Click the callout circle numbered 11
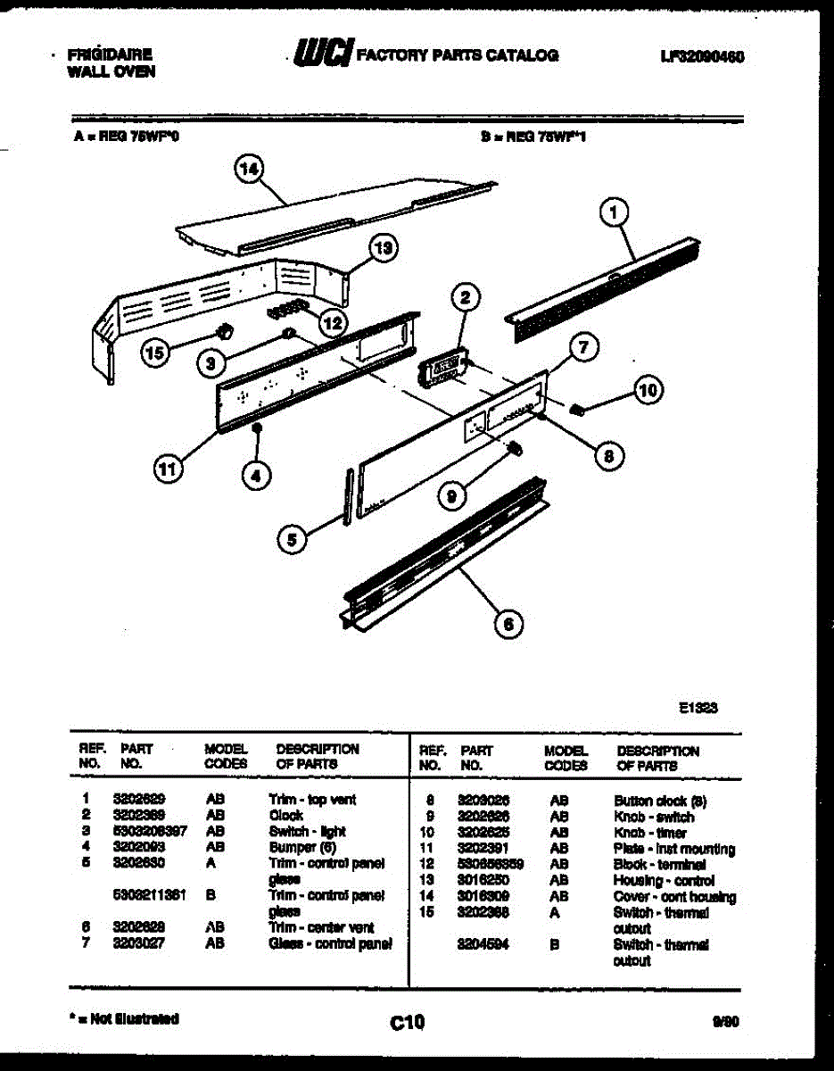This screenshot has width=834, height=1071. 169,469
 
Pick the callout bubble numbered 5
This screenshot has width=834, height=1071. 290,538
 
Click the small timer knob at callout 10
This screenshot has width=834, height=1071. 577,410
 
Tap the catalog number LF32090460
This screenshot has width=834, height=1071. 702,55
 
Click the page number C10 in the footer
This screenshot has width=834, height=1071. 408,1022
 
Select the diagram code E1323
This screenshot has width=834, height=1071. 698,707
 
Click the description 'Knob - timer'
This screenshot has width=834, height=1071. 650,833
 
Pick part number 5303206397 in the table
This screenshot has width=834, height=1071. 150,831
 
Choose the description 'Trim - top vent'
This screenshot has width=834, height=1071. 312,800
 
